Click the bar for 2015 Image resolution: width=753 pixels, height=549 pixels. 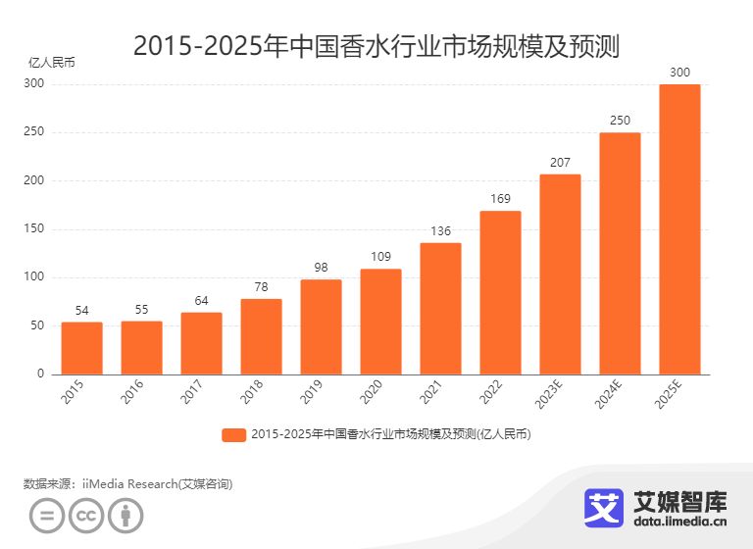click(x=81, y=348)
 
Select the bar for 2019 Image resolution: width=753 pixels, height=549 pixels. click(x=321, y=326)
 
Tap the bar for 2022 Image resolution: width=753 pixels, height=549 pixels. click(x=500, y=292)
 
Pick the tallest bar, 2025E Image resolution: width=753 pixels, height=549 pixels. click(x=679, y=228)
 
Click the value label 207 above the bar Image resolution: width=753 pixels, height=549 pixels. click(x=560, y=163)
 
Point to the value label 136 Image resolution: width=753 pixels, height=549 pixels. click(x=440, y=231)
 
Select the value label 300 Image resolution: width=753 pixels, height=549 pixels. click(x=679, y=73)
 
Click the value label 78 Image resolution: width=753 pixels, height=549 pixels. click(x=261, y=287)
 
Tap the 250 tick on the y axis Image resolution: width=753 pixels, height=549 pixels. click(x=34, y=132)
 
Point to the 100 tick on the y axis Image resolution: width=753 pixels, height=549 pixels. click(x=34, y=277)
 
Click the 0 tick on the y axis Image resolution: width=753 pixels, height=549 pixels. click(x=40, y=374)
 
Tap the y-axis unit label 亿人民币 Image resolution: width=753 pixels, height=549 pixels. click(x=51, y=62)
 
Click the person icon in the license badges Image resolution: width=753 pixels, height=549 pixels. click(x=125, y=516)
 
